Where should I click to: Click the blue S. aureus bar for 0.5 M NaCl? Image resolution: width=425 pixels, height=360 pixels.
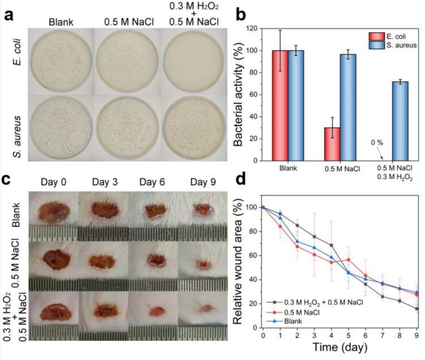(348, 107)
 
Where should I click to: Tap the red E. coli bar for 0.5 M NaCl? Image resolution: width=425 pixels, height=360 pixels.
(333, 144)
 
